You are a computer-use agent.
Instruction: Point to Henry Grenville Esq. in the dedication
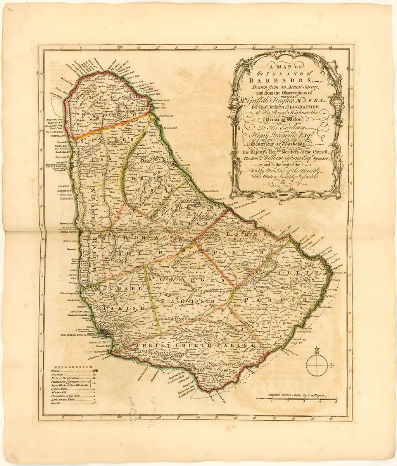[285, 135]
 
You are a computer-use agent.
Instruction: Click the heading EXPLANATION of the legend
[74, 367]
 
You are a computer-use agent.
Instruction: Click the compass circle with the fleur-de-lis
[317, 365]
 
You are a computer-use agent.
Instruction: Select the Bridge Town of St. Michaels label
[78, 335]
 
